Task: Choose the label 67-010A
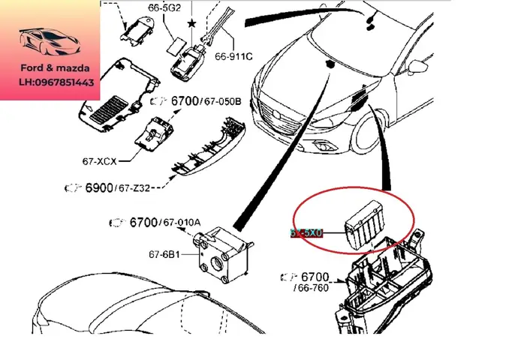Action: pyautogui.click(x=182, y=222)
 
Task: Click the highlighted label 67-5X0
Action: pyautogui.click(x=306, y=233)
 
